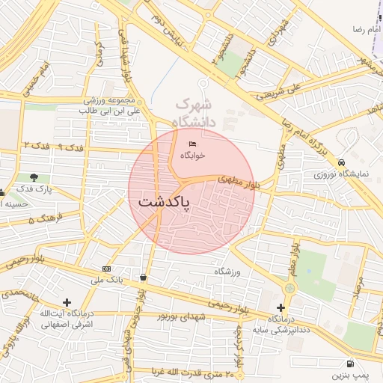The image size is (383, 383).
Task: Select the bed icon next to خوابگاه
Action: [193, 144]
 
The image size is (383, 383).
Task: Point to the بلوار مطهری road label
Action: [236, 180]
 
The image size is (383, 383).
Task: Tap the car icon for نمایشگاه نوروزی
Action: [342, 162]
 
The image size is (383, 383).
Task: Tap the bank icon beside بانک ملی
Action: [106, 269]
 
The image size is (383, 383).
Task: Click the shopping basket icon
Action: [143, 277]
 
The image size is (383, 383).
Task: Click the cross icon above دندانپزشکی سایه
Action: [281, 307]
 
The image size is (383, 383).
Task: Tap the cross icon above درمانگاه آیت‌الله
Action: [67, 302]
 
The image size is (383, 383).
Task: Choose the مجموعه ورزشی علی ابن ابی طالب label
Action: [109, 105]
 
